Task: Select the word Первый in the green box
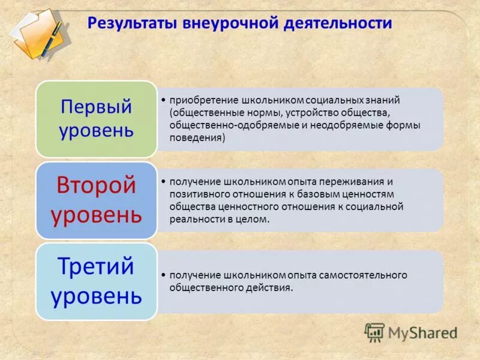pos(96,107)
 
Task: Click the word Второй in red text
pos(96,185)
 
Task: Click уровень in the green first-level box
pos(96,130)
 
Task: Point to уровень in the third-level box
pos(96,295)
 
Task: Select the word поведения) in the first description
pos(197,138)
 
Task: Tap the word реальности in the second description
pos(193,220)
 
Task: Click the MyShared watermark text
pos(423,332)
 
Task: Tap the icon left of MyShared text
pos(375,332)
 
